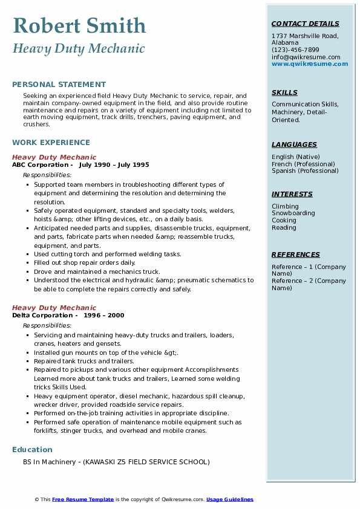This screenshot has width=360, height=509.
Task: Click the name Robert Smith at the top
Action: click(79, 25)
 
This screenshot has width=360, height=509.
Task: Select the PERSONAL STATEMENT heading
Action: click(59, 85)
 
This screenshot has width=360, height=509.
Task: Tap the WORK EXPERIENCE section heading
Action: click(51, 143)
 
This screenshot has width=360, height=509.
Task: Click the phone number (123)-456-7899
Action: click(295, 50)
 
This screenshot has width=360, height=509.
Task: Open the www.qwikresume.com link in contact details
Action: click(310, 64)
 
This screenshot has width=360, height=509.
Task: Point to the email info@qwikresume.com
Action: click(306, 57)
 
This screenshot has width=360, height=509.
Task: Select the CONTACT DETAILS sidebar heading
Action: click(306, 24)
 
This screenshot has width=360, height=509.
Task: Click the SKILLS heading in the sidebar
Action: click(284, 93)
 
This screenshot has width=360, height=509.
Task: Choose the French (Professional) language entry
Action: click(301, 164)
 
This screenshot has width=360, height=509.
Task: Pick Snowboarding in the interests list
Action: click(293, 213)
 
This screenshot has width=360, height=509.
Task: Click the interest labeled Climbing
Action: click(285, 206)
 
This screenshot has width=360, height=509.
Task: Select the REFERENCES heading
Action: click(296, 255)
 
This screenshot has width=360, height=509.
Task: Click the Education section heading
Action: click(32, 450)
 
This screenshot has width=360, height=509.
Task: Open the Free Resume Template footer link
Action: click(83, 499)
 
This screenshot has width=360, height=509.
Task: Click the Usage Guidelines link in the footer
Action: click(229, 499)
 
